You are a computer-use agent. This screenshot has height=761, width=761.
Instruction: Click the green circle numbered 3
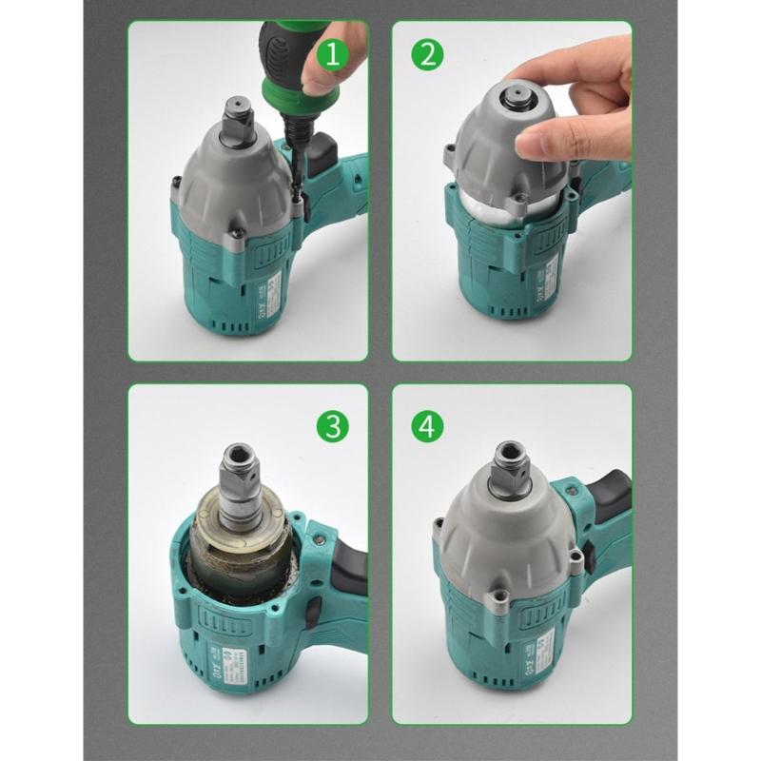pos(332,426)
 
